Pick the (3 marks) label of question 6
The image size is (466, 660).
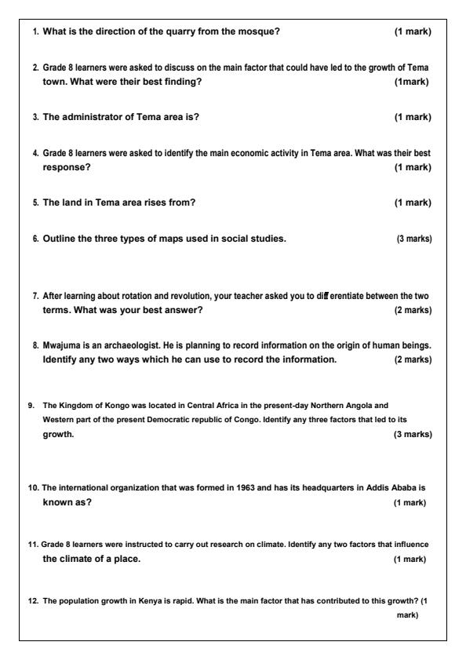tap(413, 239)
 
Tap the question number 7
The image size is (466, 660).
tap(35, 294)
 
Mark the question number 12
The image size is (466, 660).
tap(33, 600)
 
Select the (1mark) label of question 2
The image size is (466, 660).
tap(413, 82)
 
